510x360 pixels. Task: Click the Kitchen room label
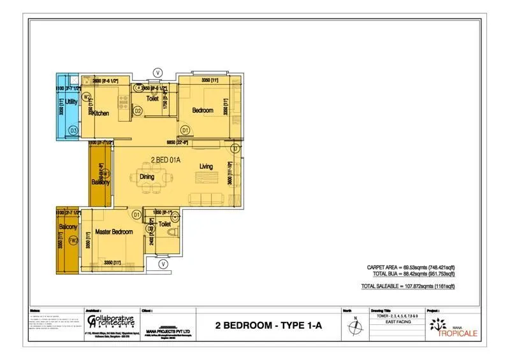(x=101, y=113)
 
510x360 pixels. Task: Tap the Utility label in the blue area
(x=71, y=101)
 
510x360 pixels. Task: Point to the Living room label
(x=206, y=166)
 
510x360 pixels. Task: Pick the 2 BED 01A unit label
(x=166, y=159)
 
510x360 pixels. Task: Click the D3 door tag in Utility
(x=73, y=130)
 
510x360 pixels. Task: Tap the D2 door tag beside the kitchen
(x=138, y=111)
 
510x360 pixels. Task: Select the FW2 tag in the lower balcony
(x=73, y=241)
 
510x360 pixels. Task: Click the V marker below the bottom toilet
(x=164, y=264)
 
